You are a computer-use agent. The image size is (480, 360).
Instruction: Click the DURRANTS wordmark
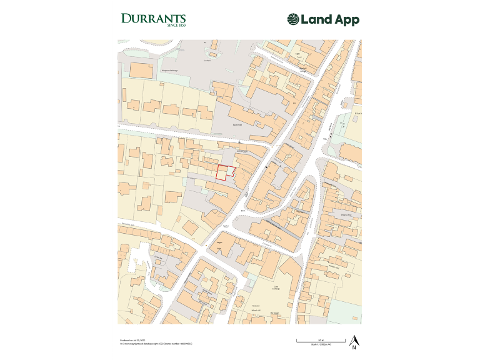pos(152,18)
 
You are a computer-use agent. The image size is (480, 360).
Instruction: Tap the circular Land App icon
pos(293,20)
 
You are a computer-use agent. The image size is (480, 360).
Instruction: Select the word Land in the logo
pos(316,20)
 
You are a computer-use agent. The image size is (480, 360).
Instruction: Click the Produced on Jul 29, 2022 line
pos(132,341)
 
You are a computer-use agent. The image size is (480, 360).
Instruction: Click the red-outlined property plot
pos(224,172)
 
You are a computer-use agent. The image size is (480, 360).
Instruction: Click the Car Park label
pos(207,61)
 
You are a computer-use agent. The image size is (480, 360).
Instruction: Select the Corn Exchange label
pos(275,289)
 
